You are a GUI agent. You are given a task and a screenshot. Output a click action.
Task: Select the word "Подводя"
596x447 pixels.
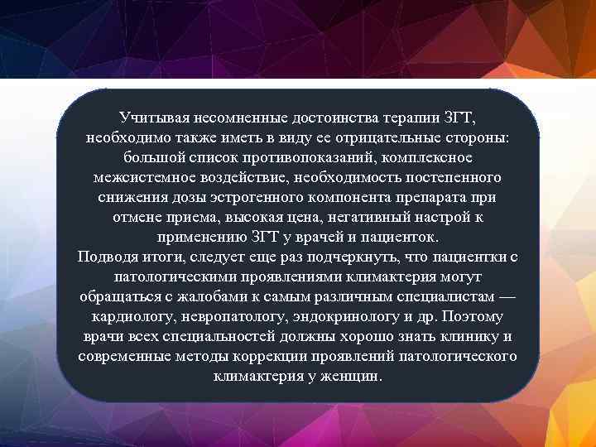107,257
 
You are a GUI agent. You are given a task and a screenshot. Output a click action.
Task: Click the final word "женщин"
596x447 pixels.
354,376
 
